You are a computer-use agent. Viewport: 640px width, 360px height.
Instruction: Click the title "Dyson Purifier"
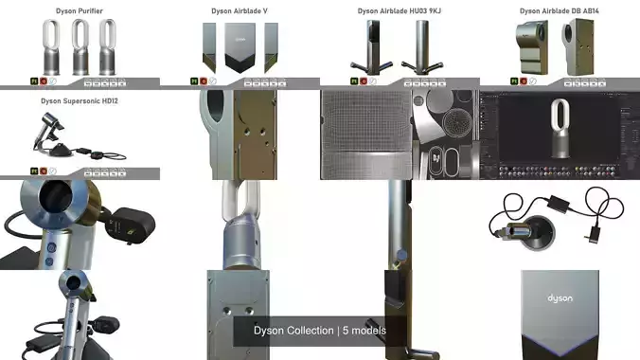click(80, 11)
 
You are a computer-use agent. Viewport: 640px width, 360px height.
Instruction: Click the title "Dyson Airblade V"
click(239, 11)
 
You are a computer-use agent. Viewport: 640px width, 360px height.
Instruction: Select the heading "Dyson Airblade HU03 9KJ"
click(399, 11)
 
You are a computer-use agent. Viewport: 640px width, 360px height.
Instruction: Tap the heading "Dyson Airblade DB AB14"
click(559, 11)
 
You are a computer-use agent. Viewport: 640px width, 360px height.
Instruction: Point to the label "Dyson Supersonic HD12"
click(80, 99)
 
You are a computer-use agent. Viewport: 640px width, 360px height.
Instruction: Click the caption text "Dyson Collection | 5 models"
click(320, 331)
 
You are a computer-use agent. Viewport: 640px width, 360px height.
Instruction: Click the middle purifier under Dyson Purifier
click(80, 47)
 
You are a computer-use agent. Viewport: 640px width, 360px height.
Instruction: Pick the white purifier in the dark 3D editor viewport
click(560, 128)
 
